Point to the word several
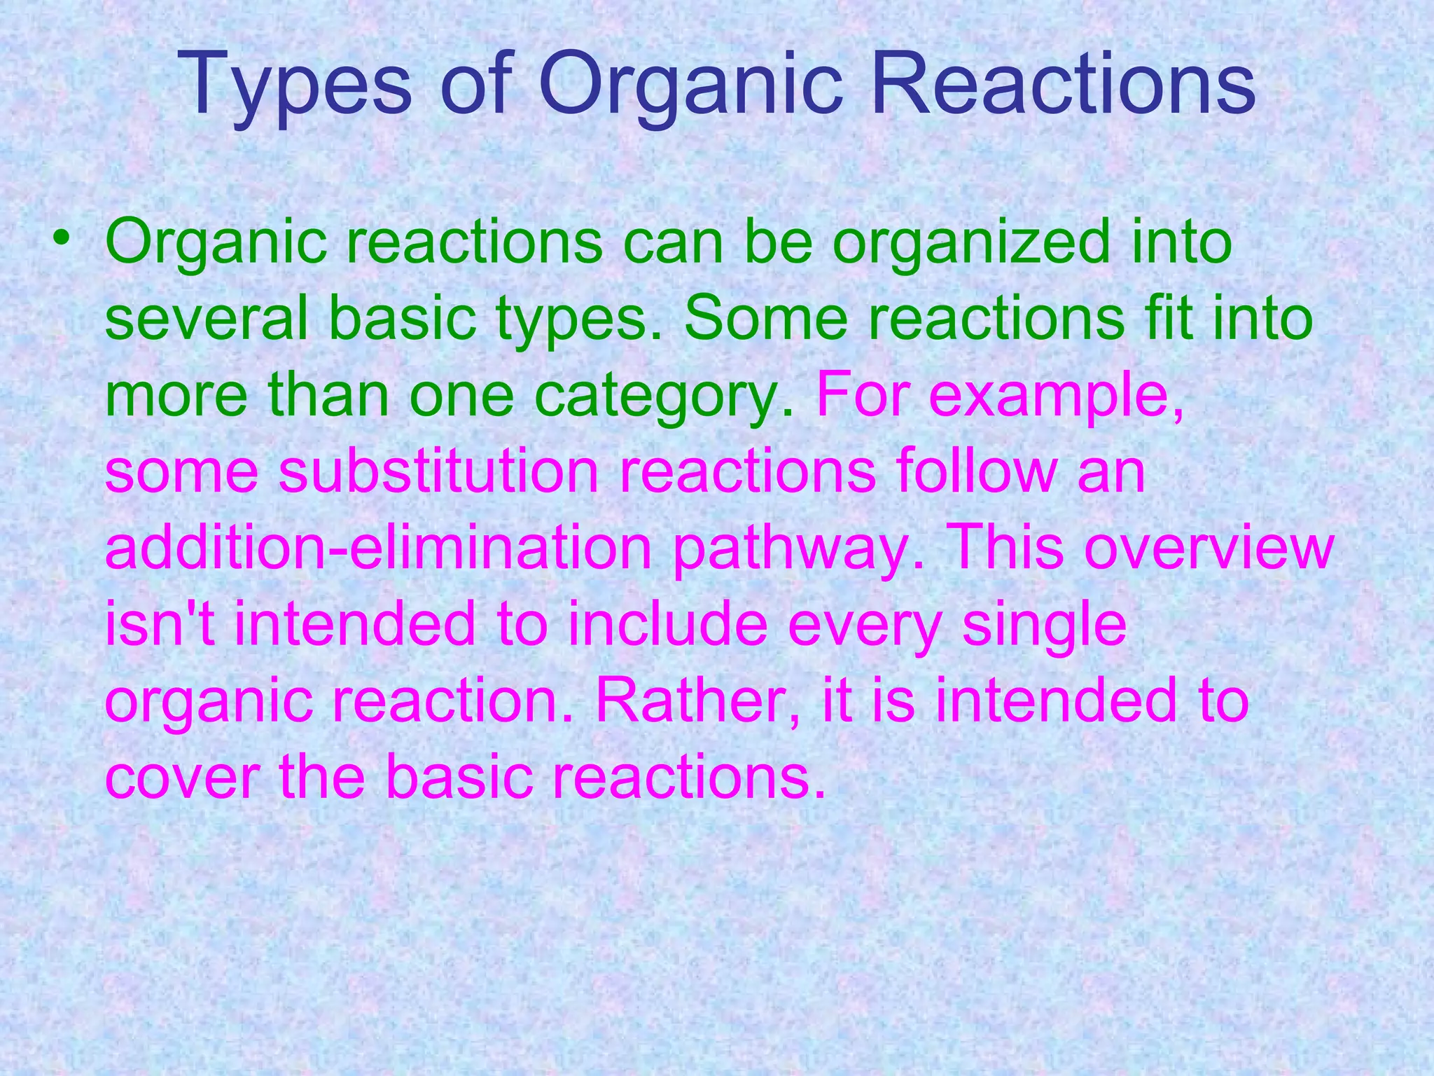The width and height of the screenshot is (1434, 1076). (207, 318)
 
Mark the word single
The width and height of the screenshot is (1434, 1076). (1044, 626)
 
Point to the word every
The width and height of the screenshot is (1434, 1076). (864, 626)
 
